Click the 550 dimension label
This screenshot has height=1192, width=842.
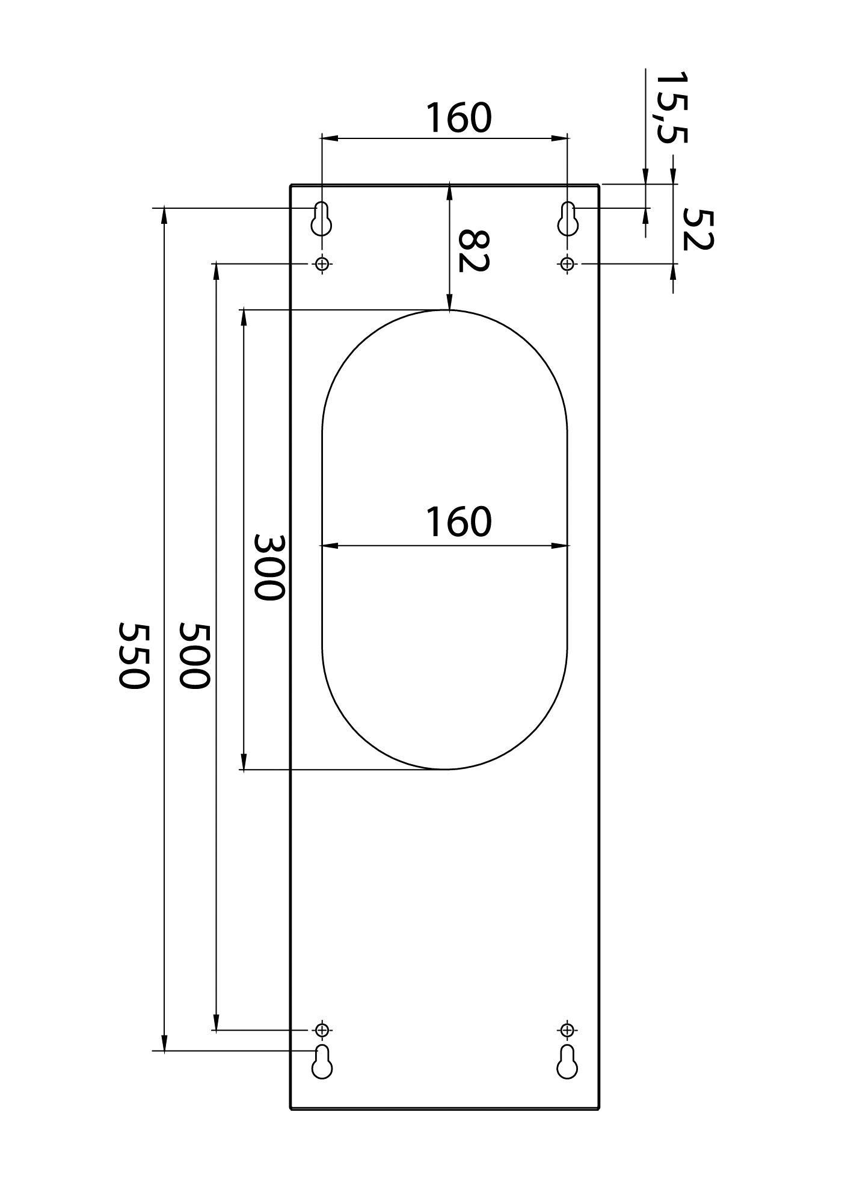(x=133, y=656)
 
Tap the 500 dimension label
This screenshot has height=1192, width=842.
(x=195, y=656)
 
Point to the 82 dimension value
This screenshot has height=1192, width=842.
(x=473, y=250)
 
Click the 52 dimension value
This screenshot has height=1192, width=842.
(x=698, y=229)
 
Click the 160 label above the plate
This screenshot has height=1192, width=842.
(x=459, y=118)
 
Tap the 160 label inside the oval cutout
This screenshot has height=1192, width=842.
(x=459, y=521)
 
